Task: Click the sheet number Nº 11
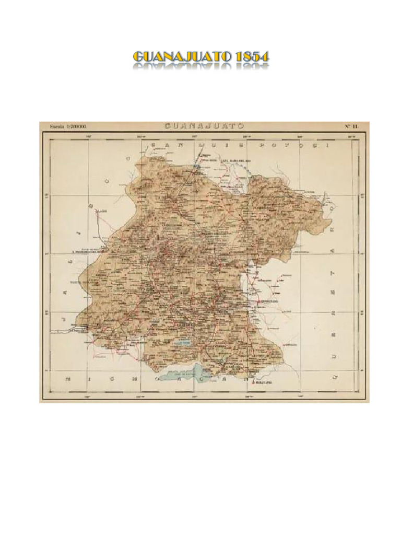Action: click(x=351, y=126)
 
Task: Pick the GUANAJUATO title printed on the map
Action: click(x=204, y=126)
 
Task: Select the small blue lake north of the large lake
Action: click(x=183, y=343)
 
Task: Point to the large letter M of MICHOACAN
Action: click(x=67, y=377)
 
